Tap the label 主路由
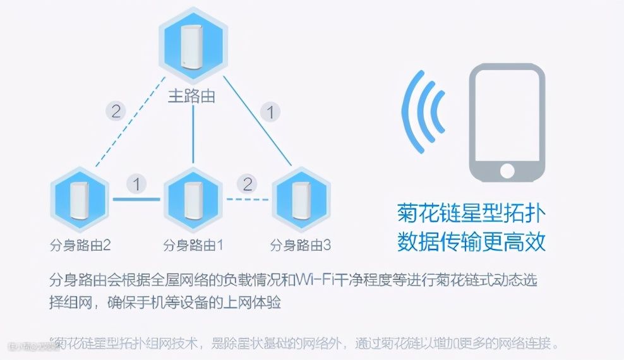(191, 96)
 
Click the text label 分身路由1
(192, 244)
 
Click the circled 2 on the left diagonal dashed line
(116, 112)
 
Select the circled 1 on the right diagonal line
(271, 113)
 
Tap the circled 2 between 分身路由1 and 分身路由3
(246, 185)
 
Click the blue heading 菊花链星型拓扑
(471, 213)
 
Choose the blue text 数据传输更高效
(471, 241)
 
